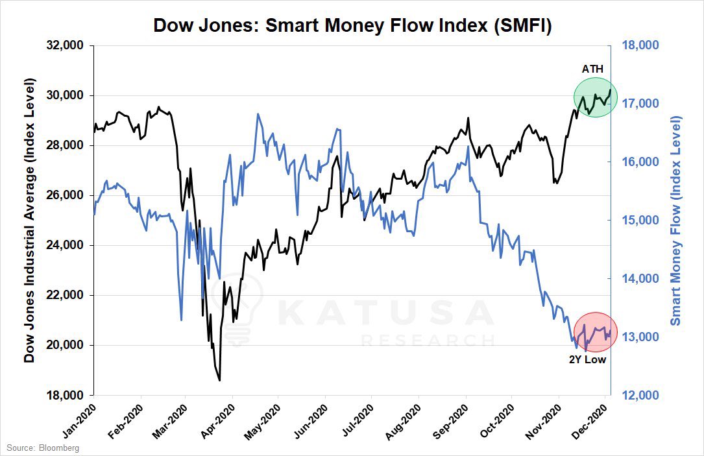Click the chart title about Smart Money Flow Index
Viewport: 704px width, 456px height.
352,26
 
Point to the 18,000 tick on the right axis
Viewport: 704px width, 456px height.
641,45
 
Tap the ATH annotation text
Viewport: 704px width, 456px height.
592,69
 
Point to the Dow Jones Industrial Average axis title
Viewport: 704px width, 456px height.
30,221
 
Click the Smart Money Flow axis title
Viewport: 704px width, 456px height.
677,221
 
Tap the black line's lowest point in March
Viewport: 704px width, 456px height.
219,380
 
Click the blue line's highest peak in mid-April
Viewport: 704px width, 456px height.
258,114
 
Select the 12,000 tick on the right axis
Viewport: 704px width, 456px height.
641,395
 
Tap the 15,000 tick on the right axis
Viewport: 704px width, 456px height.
641,221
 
